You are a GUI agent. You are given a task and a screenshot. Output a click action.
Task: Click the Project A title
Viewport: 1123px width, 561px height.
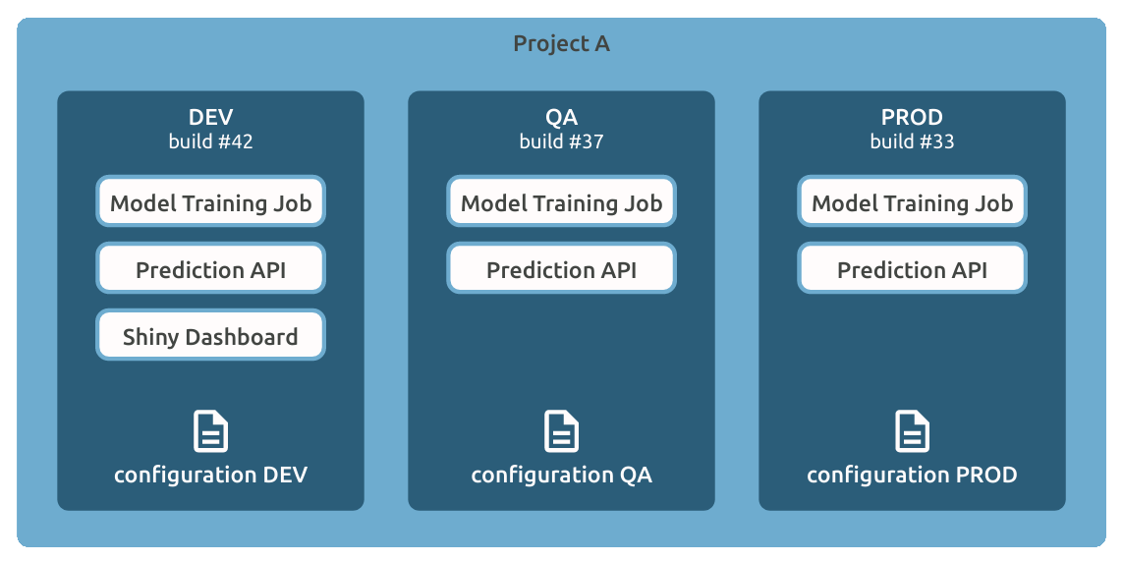(x=561, y=44)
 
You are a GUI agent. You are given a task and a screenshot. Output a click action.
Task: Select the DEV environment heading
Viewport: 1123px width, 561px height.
(x=210, y=118)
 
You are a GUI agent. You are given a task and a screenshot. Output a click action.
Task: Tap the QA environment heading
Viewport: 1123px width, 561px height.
(x=561, y=118)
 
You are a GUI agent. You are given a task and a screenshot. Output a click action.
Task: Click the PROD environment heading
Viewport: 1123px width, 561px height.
(x=912, y=118)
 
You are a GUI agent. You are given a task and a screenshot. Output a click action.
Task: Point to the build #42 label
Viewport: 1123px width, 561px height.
(x=210, y=141)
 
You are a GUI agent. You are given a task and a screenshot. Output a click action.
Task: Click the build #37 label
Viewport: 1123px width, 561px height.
(x=561, y=141)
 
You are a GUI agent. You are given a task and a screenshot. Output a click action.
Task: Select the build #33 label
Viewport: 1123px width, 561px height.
(x=912, y=141)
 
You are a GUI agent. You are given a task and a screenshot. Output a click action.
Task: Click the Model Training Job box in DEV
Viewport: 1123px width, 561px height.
(x=210, y=203)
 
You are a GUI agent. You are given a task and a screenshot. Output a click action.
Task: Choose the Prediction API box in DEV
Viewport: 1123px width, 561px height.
(x=210, y=270)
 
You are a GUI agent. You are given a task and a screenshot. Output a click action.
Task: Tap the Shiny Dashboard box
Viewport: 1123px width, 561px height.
(x=210, y=337)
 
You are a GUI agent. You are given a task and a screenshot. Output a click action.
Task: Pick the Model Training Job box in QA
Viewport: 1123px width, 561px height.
(x=561, y=203)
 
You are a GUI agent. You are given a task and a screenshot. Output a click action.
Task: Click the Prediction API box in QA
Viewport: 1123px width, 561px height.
(x=561, y=270)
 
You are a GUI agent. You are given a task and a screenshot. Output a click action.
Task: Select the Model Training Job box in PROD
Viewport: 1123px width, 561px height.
(x=912, y=203)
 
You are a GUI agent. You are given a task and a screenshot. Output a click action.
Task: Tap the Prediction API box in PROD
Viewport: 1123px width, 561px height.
(x=912, y=270)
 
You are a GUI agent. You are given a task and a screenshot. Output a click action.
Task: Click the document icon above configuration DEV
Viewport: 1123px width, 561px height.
(x=210, y=431)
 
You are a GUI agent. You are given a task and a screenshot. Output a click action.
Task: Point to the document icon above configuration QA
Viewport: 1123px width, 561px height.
(x=561, y=431)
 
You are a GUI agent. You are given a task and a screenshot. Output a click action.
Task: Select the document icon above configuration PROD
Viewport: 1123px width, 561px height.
(x=912, y=431)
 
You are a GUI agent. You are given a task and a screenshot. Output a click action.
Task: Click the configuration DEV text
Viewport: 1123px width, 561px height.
(x=210, y=476)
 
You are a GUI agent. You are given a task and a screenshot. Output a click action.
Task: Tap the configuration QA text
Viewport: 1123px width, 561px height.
(x=561, y=476)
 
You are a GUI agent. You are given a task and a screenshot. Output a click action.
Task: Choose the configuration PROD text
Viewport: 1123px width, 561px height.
(x=912, y=476)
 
